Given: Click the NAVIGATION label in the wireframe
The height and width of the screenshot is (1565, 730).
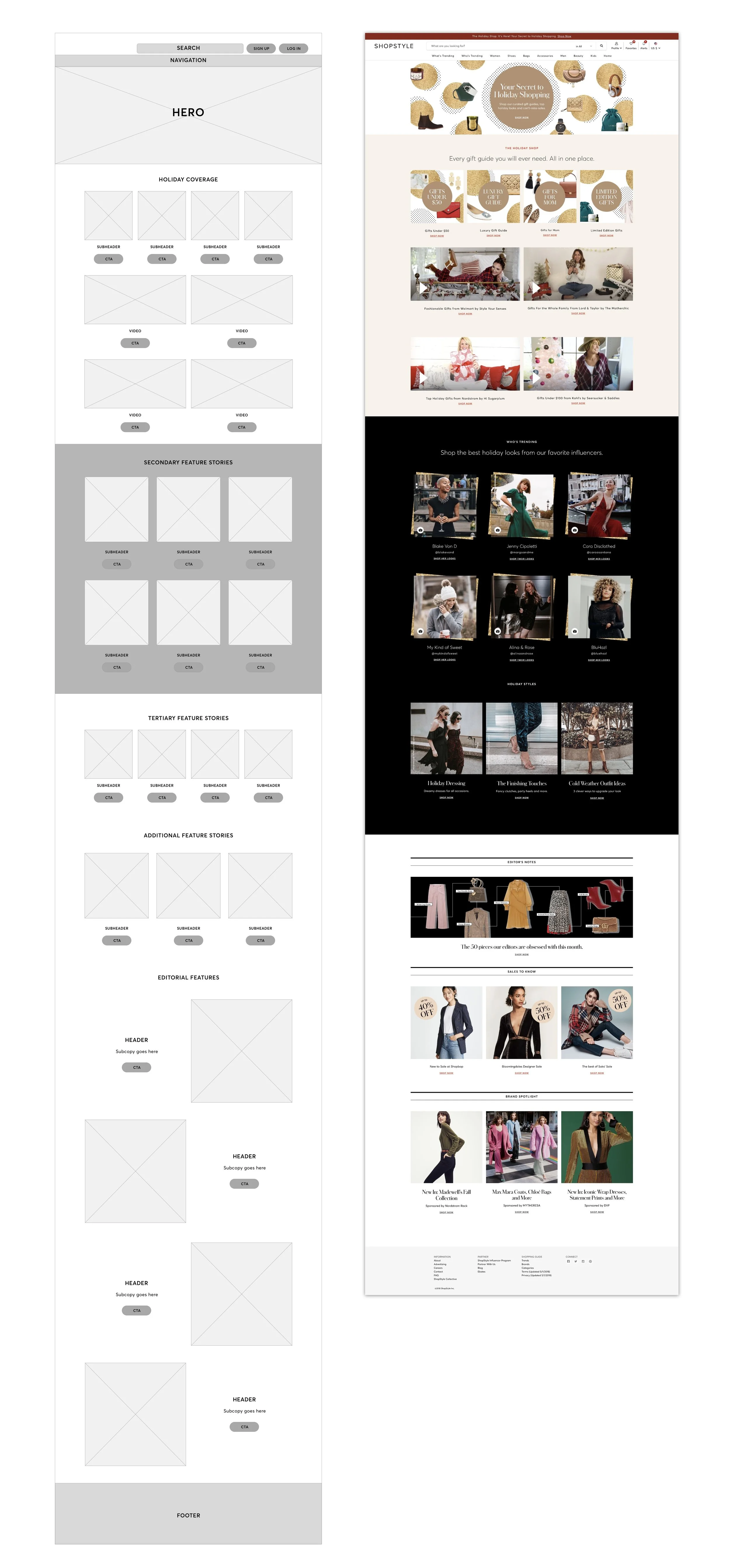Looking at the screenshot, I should click(x=188, y=60).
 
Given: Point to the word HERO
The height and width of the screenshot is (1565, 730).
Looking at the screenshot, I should click(x=188, y=112).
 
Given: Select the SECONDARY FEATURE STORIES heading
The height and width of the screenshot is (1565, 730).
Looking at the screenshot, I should click(x=188, y=462).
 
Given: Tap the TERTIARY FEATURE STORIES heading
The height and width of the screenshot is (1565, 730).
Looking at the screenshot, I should click(x=188, y=718).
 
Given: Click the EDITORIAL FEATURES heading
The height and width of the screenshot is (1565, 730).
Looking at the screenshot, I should click(x=188, y=978).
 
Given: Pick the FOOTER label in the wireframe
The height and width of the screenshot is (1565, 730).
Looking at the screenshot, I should click(x=188, y=1515).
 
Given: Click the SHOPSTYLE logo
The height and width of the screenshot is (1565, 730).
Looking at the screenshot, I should click(x=394, y=46).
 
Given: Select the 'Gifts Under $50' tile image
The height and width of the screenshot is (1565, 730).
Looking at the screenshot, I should click(x=437, y=197).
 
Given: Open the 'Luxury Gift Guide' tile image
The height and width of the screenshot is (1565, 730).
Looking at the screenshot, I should click(x=493, y=197).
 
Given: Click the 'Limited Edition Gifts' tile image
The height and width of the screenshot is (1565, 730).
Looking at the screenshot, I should click(x=606, y=197).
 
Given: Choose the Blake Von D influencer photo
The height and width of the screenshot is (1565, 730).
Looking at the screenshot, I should click(x=444, y=506).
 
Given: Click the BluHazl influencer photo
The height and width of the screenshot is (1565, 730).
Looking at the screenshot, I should click(x=599, y=606).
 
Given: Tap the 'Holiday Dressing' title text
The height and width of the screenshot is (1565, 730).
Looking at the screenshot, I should click(x=446, y=783).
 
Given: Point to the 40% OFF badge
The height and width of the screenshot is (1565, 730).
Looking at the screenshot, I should click(x=426, y=1009).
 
